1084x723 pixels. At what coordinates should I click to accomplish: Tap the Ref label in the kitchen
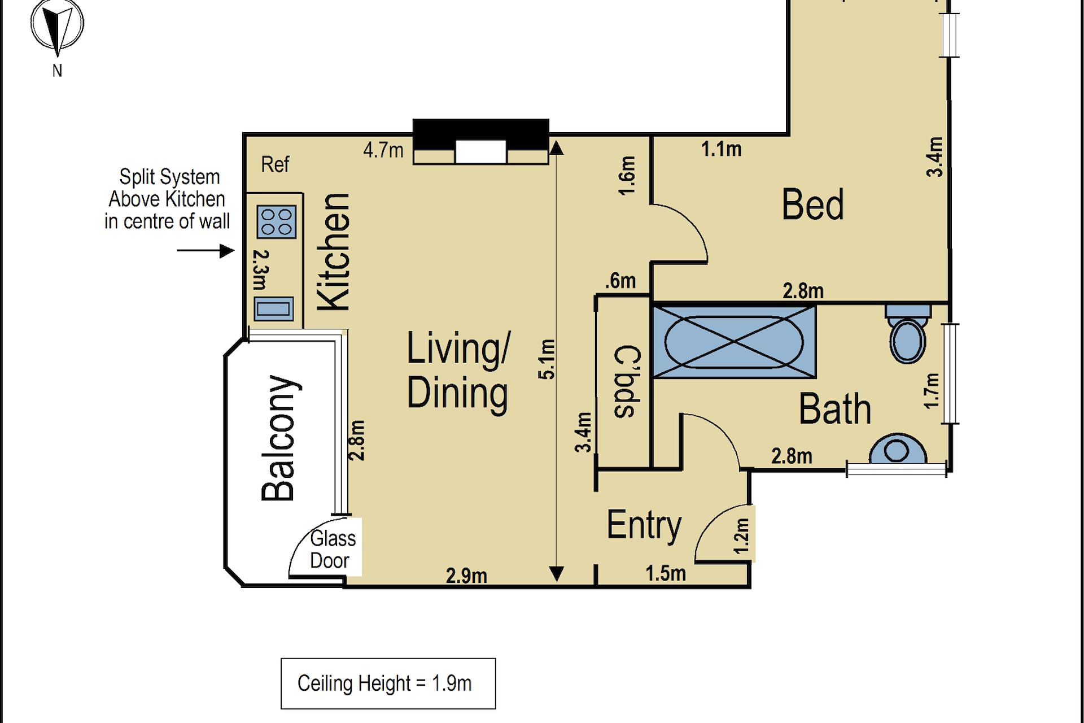coord(275,164)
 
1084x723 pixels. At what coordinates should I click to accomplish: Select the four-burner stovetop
coord(277,221)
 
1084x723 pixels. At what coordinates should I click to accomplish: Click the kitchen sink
coord(274,309)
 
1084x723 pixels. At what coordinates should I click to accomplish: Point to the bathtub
coord(734,342)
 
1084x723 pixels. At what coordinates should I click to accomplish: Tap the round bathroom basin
coord(898,449)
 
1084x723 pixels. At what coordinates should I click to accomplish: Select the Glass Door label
coord(333,550)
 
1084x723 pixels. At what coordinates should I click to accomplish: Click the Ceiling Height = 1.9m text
coord(384,683)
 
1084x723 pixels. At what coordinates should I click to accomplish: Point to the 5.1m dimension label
coord(548,359)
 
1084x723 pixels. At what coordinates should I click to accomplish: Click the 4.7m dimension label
coord(383,150)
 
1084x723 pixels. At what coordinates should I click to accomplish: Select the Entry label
coord(644,526)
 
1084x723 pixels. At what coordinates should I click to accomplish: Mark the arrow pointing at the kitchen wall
coord(206,250)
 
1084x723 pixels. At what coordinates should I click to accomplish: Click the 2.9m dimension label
coord(466,576)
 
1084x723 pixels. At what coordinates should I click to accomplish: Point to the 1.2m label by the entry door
coord(742,536)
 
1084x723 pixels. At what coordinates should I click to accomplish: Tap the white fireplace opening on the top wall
coord(480,152)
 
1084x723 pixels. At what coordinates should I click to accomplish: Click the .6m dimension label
coord(620,281)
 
